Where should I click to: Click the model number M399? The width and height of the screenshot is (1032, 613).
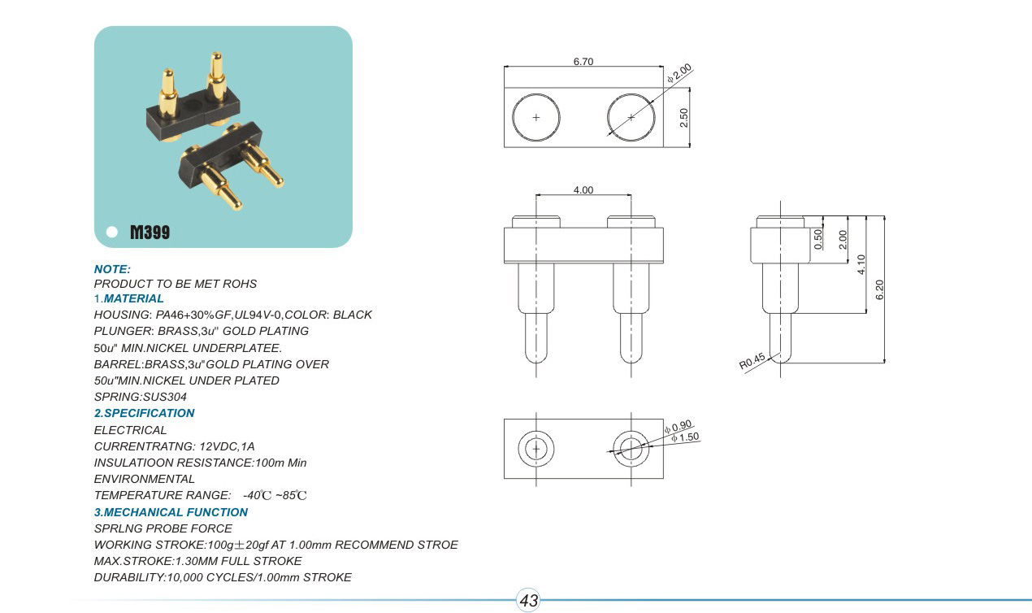[x=150, y=233]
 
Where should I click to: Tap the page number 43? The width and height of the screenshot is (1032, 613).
[x=529, y=601]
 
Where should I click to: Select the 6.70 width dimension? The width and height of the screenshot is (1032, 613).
[x=583, y=62]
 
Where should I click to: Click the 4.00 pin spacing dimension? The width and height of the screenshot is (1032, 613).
[x=583, y=190]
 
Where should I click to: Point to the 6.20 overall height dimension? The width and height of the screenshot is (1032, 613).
[x=878, y=290]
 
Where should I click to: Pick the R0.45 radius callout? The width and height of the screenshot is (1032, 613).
[x=752, y=362]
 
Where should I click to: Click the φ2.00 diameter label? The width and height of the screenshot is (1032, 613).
[x=679, y=73]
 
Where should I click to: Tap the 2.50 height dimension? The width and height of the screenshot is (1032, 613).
[x=684, y=118]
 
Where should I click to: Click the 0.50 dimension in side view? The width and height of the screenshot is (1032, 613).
[x=818, y=238]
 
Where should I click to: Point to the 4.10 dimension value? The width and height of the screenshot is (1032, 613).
[x=861, y=265]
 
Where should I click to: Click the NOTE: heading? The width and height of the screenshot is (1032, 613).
[x=112, y=269]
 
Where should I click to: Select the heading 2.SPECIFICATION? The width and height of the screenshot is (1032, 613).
[x=145, y=413]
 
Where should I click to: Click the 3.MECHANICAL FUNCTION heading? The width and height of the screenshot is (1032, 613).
[x=171, y=512]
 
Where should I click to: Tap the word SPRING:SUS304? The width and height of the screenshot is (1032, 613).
[x=141, y=397]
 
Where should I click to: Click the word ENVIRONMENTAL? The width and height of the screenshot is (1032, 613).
[x=145, y=479]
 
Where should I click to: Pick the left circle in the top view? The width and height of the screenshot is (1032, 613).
[x=536, y=118]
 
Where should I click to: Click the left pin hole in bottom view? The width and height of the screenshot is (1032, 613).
[x=536, y=449]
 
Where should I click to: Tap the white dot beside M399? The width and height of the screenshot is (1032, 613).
[x=112, y=233]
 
